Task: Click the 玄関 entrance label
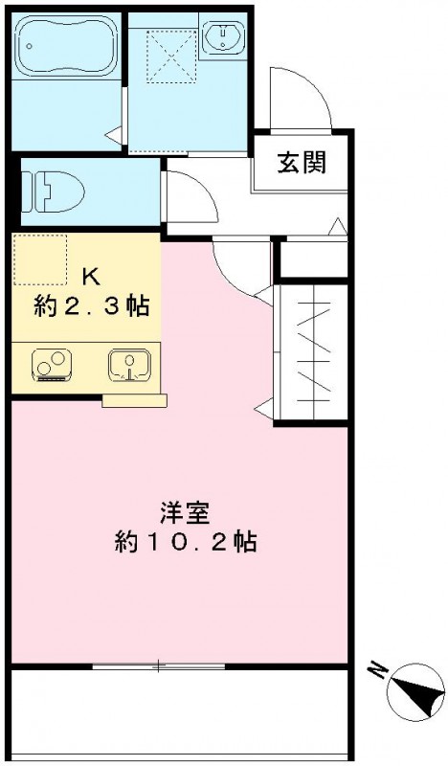[x=301, y=163]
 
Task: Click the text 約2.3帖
[x=86, y=307]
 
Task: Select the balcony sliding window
[x=159, y=665]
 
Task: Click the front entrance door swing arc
[x=297, y=96]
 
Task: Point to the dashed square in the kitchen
[x=41, y=259]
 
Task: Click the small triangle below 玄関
[x=336, y=227]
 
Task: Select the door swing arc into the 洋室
[x=239, y=268]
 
